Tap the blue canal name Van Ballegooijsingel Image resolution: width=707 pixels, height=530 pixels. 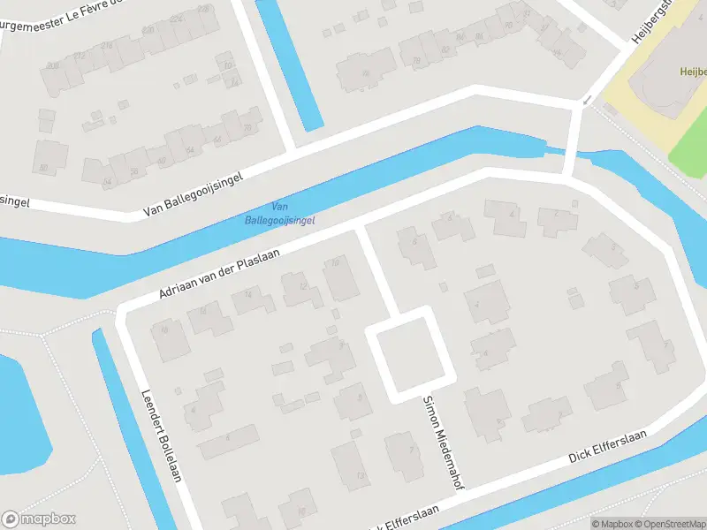click(x=279, y=213)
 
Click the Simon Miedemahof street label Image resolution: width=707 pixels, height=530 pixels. click(x=445, y=441)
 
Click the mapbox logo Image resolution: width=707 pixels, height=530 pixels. click(x=39, y=519)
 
